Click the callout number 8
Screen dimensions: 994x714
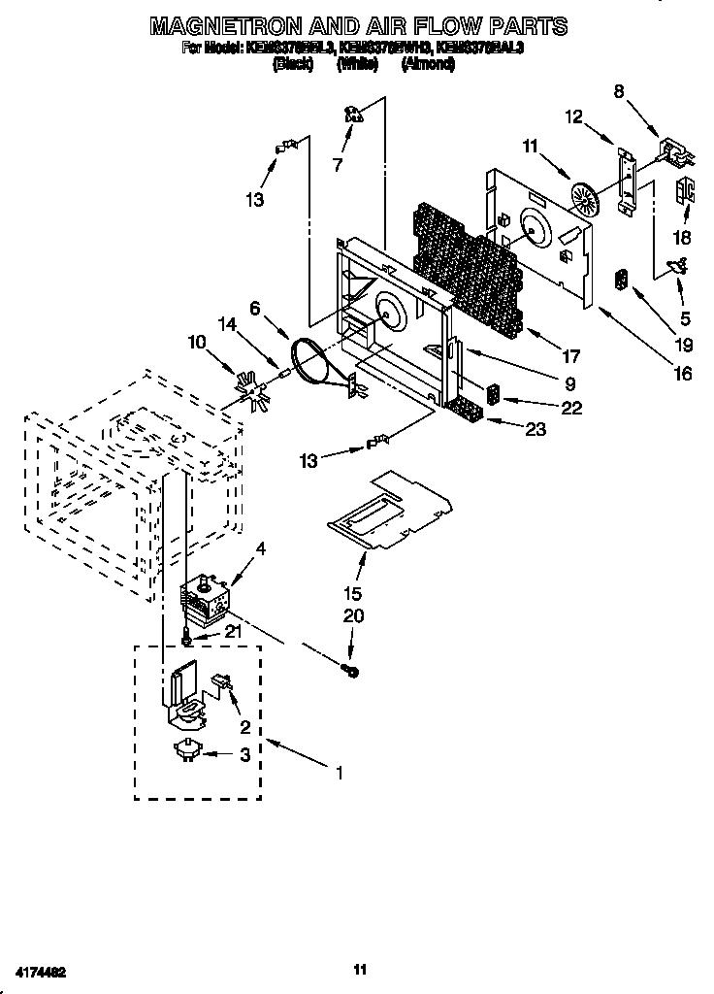[x=619, y=92]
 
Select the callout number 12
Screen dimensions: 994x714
[x=574, y=116]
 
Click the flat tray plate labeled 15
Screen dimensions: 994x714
[x=388, y=506]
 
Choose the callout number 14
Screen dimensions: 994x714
[x=228, y=325]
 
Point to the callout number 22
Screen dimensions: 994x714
[x=571, y=409]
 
